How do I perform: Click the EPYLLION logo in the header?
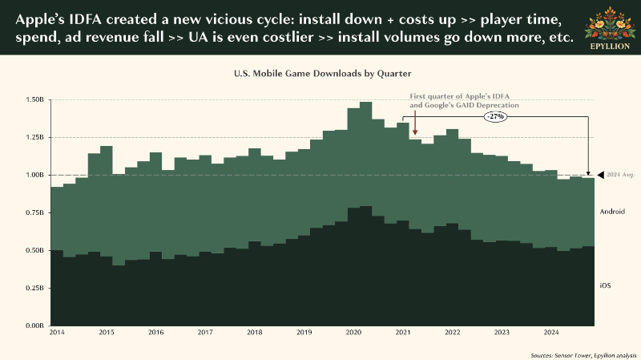pyautogui.click(x=610, y=28)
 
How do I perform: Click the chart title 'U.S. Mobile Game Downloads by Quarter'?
pyautogui.click(x=323, y=74)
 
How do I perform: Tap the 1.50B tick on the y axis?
pyautogui.click(x=34, y=99)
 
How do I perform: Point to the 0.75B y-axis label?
pyautogui.click(x=34, y=212)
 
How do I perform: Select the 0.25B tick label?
pyautogui.click(x=34, y=288)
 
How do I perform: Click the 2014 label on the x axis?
pyautogui.click(x=57, y=332)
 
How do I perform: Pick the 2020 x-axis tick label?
pyautogui.click(x=353, y=332)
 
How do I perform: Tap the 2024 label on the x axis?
pyautogui.click(x=551, y=332)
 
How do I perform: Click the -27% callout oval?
pyautogui.click(x=496, y=116)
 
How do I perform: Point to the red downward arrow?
pyautogui.click(x=415, y=123)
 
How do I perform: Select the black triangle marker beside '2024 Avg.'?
pyautogui.click(x=600, y=175)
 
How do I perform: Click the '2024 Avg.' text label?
pyautogui.click(x=620, y=175)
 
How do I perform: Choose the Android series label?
pyautogui.click(x=612, y=212)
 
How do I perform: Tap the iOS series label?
pyautogui.click(x=606, y=285)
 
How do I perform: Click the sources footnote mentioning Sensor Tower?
pyautogui.click(x=583, y=355)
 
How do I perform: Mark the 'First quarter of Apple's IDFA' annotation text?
pyautogui.click(x=459, y=96)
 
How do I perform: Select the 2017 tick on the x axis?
pyautogui.click(x=205, y=332)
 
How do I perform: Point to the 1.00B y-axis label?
pyautogui.click(x=34, y=175)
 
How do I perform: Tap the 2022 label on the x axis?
pyautogui.click(x=453, y=332)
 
